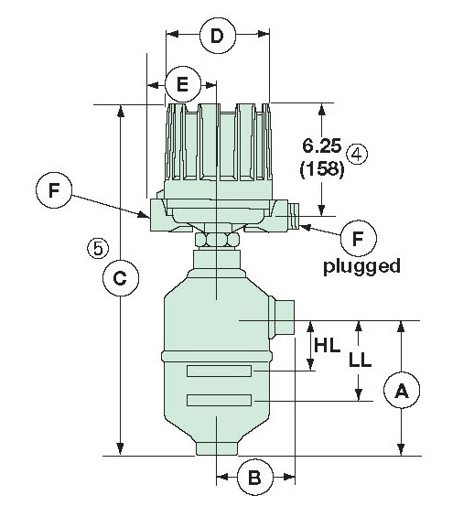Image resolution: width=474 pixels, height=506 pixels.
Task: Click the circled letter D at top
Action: coord(217,37)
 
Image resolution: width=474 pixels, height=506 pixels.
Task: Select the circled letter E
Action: coord(182,85)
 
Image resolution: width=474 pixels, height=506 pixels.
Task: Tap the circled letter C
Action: coord(119,278)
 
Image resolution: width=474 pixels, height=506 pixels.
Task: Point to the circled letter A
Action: coord(401,392)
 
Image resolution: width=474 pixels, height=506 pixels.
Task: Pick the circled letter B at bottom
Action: coord(255,477)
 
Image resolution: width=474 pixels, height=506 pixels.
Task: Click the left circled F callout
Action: coord(55,191)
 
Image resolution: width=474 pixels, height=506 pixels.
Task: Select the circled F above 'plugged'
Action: coord(359,238)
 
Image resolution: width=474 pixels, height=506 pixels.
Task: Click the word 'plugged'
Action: coord(362,266)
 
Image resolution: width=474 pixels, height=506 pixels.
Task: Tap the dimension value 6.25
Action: coord(321,145)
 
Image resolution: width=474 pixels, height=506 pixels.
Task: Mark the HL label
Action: coord(328,346)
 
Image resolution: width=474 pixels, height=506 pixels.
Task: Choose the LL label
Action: coord(360,360)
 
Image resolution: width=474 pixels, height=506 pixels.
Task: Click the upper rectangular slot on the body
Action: coord(219,371)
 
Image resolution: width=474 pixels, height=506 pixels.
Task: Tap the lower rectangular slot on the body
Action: coord(219,400)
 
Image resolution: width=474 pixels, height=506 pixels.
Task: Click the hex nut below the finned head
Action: coord(218,238)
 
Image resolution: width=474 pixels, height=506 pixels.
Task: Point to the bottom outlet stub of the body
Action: coord(217,448)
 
